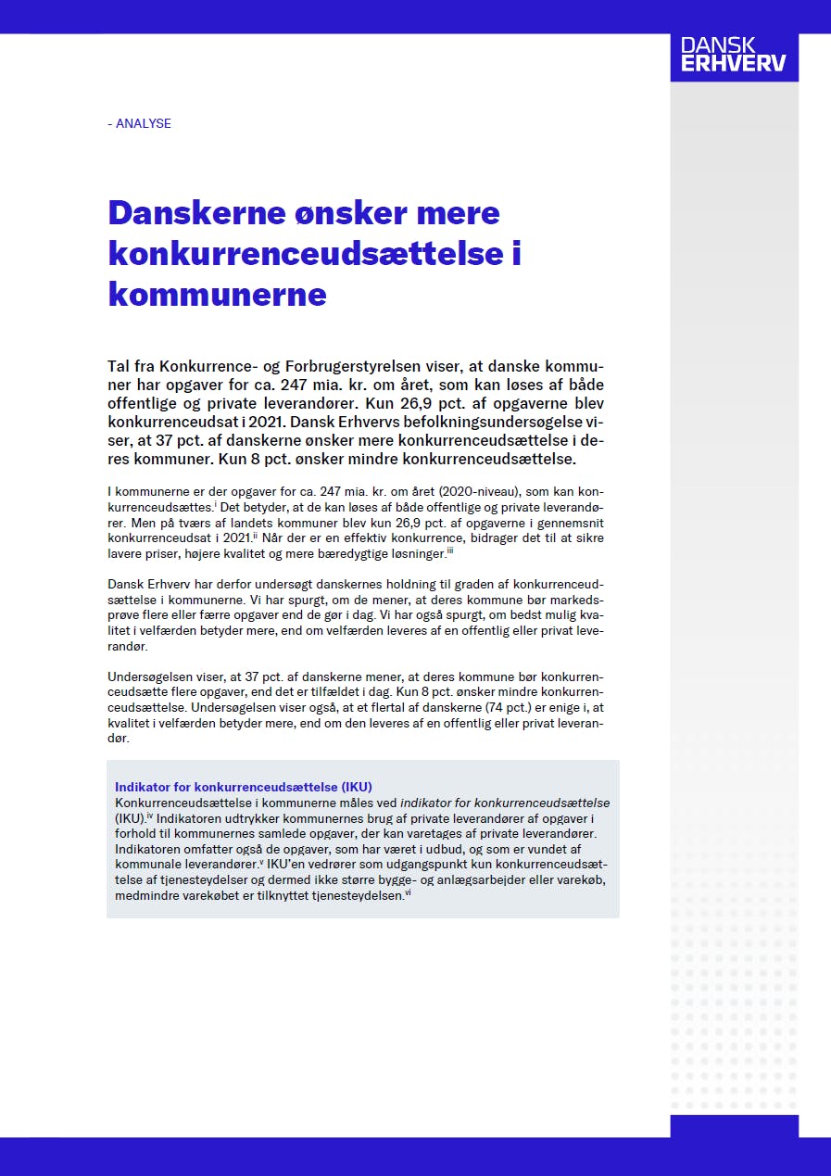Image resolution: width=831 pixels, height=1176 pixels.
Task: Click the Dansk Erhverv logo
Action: tap(733, 55)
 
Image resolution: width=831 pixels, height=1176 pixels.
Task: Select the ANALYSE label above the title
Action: tap(140, 123)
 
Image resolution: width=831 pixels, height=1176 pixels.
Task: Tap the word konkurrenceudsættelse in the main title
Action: tap(305, 254)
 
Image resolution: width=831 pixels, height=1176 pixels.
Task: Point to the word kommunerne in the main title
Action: tap(217, 295)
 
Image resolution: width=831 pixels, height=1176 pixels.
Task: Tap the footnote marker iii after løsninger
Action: tap(449, 550)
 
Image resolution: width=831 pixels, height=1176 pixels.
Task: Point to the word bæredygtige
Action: tap(334, 554)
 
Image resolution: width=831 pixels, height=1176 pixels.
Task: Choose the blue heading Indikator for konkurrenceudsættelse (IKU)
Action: tap(244, 787)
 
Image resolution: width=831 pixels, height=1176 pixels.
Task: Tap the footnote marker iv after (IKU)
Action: tap(148, 816)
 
